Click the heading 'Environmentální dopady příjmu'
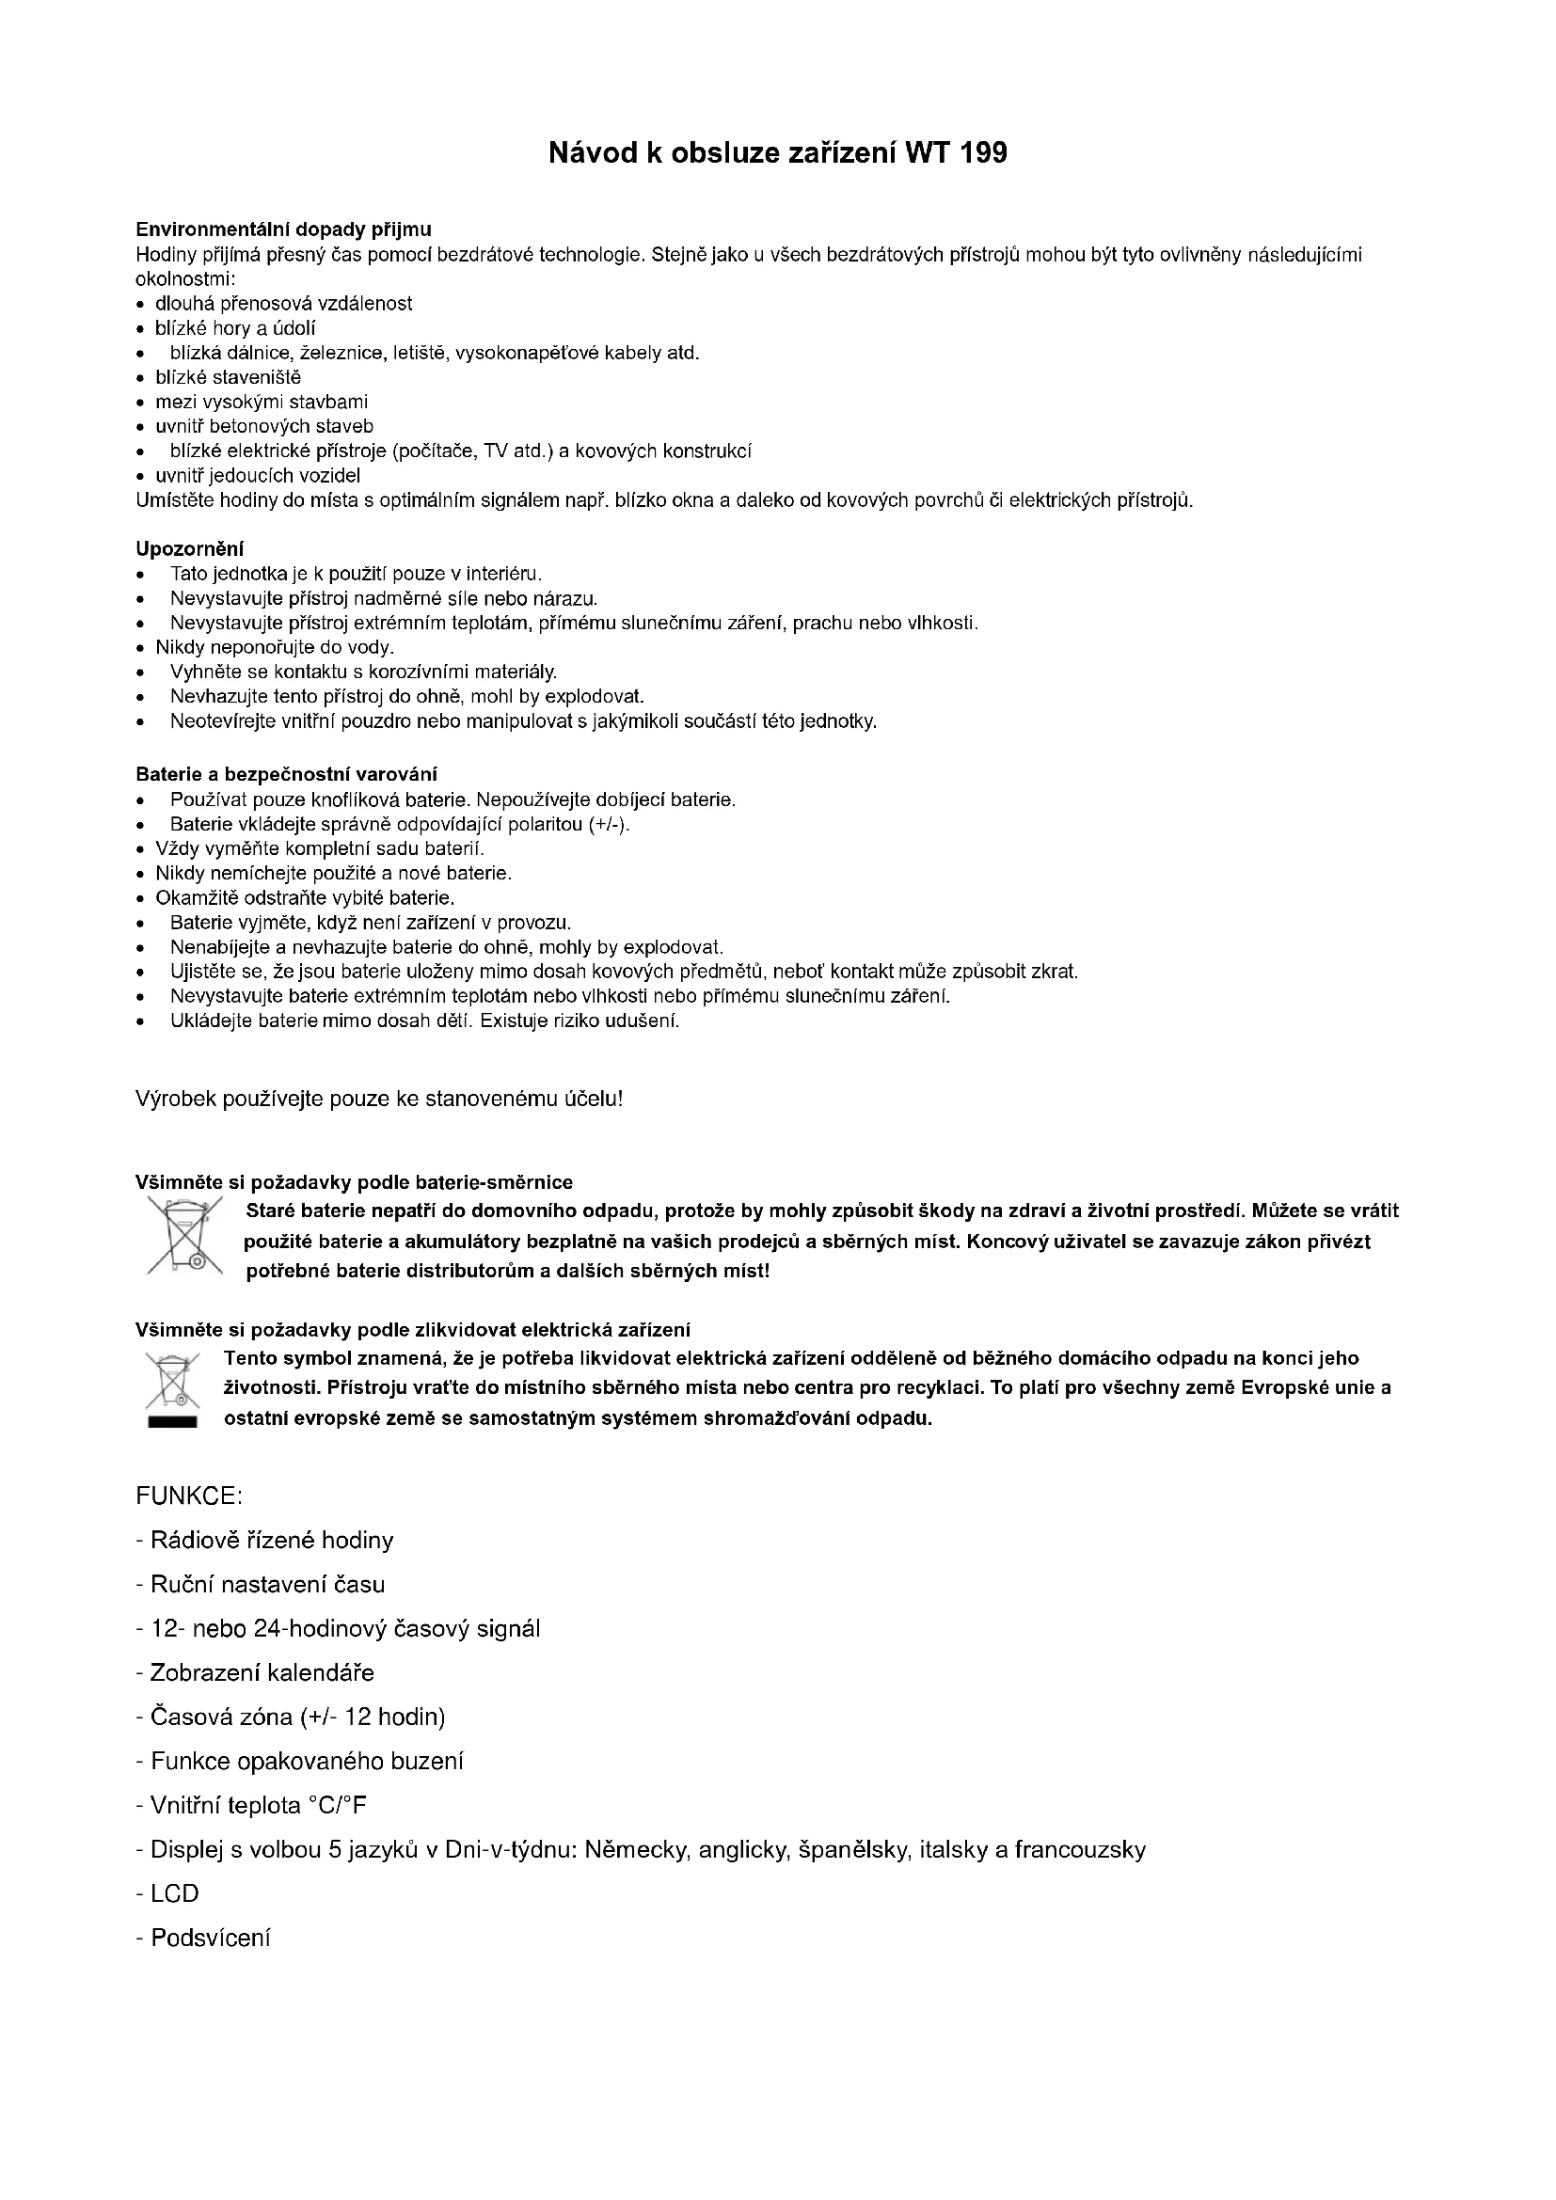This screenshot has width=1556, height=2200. point(283,229)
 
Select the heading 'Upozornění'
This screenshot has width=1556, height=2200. point(190,549)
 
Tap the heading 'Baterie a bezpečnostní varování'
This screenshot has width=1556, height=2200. point(287,774)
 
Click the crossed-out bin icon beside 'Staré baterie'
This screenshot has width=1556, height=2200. point(184,1236)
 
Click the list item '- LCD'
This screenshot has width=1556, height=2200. point(167,1893)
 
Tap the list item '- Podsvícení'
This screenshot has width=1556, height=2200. point(203,1939)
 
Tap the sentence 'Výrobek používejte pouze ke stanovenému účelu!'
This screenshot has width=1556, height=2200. point(379,1099)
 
